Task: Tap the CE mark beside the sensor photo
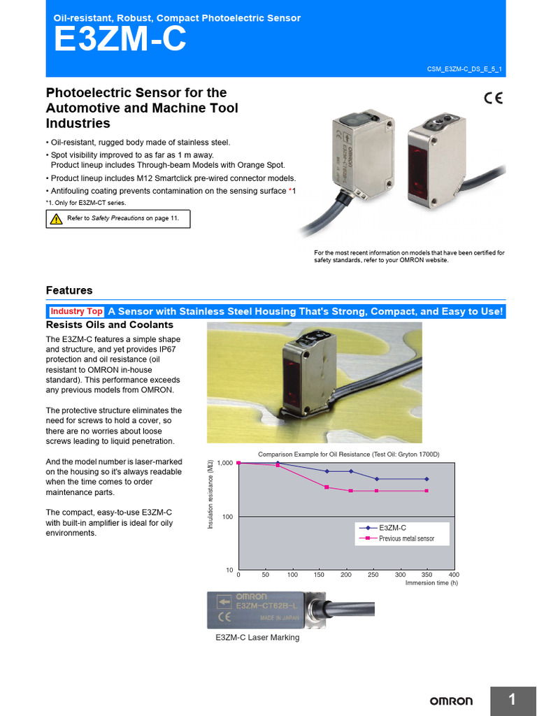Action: click(492, 99)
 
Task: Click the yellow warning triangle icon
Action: click(56, 219)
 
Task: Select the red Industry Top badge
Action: click(76, 311)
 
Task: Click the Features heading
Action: click(69, 290)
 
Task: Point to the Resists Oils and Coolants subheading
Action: click(109, 325)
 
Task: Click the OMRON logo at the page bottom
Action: click(450, 701)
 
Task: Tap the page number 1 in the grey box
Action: click(512, 700)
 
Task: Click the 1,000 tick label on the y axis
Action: click(224, 463)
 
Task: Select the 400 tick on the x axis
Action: click(453, 575)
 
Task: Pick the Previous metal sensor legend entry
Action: click(406, 538)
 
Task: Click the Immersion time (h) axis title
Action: click(431, 583)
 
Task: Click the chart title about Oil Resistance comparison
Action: click(349, 454)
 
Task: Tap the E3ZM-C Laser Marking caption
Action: click(257, 638)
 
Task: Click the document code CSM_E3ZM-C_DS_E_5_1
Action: click(464, 69)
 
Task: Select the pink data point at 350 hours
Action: click(427, 491)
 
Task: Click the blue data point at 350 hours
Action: click(427, 479)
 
